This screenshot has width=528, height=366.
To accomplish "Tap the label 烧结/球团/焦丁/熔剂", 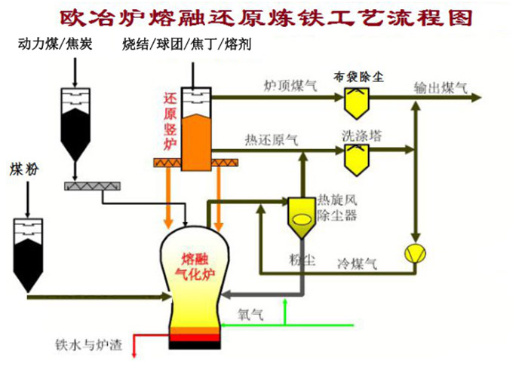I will pos(186,45).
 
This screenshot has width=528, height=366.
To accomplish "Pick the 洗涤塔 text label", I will pos(361,136).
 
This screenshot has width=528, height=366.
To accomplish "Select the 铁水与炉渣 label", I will pos(84,345).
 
